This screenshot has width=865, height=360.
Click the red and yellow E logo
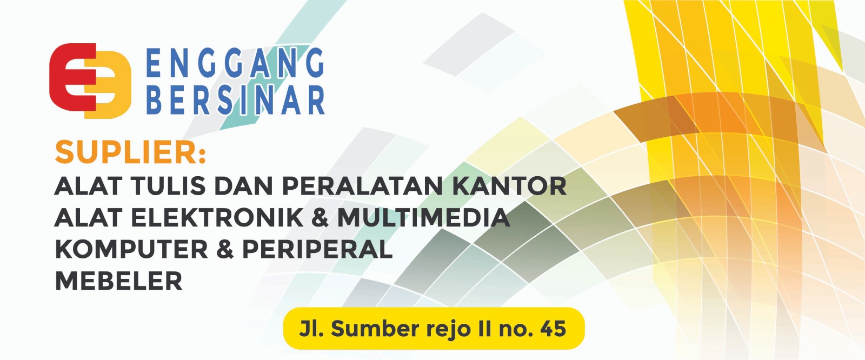[90, 81]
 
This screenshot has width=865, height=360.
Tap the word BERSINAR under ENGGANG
[236, 99]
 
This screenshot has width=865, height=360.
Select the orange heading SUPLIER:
[130, 152]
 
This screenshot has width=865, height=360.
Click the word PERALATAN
[363, 186]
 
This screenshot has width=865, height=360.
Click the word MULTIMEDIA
[424, 217]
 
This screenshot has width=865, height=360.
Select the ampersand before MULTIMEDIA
[321, 217]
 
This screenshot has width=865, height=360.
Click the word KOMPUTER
[132, 249]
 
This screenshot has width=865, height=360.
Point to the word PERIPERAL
[317, 249]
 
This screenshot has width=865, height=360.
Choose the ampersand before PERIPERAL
[225, 249]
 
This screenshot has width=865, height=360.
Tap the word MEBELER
[118, 281]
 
